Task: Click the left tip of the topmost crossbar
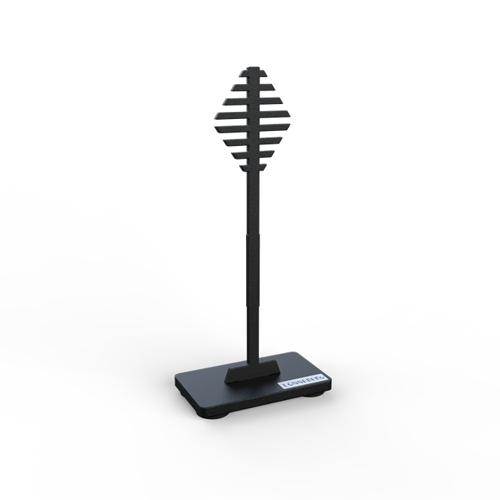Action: click(x=236, y=84)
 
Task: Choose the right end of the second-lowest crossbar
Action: click(x=276, y=150)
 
